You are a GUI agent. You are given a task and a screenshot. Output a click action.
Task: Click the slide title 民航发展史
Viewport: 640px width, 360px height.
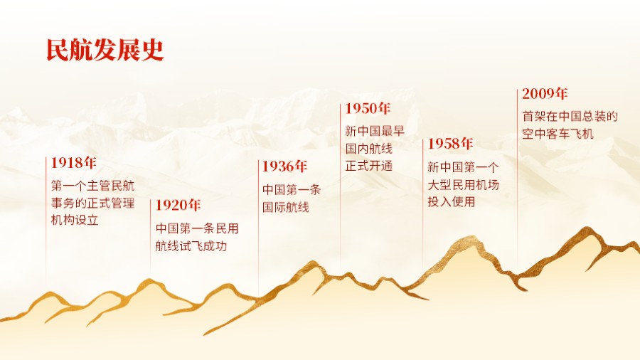click(x=105, y=50)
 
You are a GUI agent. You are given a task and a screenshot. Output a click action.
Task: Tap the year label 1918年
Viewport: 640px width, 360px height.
click(x=74, y=163)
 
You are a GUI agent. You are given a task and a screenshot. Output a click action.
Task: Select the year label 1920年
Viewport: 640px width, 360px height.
click(x=178, y=206)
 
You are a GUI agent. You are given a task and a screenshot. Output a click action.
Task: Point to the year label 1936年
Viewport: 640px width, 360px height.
click(x=284, y=166)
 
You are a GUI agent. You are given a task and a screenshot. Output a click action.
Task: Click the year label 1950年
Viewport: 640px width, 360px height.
click(x=368, y=108)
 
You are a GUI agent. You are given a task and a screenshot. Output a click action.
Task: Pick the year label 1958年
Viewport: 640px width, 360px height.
click(x=450, y=144)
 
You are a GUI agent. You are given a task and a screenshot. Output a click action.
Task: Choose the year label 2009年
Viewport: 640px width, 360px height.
click(x=545, y=93)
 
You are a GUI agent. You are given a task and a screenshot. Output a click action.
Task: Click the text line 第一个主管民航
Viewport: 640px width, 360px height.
click(x=92, y=186)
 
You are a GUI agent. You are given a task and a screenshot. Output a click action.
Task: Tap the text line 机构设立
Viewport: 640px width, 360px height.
click(x=75, y=220)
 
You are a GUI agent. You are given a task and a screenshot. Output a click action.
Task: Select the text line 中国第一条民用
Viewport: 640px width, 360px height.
click(x=197, y=229)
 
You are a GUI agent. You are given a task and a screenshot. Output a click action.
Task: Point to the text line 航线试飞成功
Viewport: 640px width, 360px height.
click(x=191, y=246)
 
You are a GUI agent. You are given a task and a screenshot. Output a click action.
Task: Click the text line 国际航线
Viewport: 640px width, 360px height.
click(x=286, y=208)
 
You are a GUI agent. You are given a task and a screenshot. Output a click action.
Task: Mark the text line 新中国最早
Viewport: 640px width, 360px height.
click(x=375, y=132)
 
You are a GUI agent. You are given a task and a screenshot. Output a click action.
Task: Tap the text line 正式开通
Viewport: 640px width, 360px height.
click(x=369, y=166)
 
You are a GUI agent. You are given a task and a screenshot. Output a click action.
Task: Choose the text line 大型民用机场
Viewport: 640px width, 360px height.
click(x=463, y=185)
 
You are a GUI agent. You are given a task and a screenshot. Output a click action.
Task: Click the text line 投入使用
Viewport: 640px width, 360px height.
click(x=452, y=202)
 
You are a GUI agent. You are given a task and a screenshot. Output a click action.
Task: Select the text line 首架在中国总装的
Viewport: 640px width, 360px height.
click(x=570, y=117)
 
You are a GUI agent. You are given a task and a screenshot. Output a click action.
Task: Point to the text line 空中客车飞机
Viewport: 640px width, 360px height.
click(x=558, y=134)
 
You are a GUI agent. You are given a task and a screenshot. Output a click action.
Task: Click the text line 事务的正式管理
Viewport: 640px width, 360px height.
click(x=92, y=203)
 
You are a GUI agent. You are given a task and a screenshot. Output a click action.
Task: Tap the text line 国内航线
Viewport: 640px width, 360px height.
click(x=369, y=149)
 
